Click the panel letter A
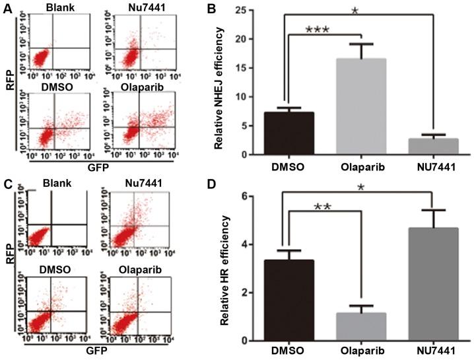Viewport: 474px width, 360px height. coord(6,8)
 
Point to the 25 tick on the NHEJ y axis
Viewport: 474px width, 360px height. coord(249,10)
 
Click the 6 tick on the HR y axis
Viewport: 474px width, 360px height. coord(252,196)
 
